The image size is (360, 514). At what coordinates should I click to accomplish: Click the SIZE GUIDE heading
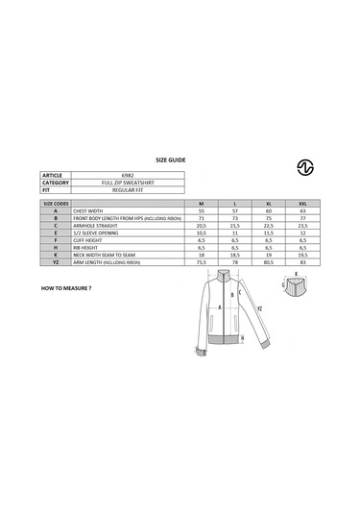point(170,160)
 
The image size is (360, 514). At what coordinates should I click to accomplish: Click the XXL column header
point(302,204)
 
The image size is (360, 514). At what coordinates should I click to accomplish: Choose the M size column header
point(201,204)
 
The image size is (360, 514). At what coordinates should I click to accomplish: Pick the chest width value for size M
point(201,211)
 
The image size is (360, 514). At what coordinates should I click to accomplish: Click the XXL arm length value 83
point(302,261)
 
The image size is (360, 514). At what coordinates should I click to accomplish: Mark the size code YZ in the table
point(57,261)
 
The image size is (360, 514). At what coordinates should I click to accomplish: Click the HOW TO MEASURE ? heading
point(66,287)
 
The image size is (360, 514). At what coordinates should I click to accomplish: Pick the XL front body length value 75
point(269,218)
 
